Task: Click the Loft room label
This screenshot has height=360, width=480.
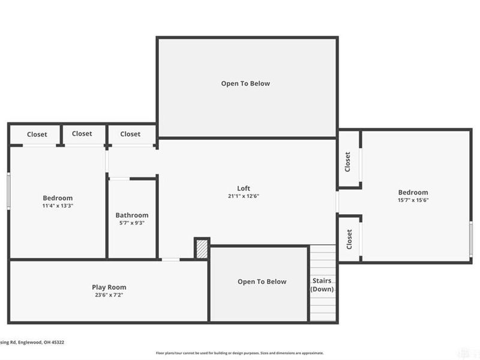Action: pyautogui.click(x=243, y=188)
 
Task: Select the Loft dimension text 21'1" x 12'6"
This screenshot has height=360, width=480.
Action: pyautogui.click(x=243, y=196)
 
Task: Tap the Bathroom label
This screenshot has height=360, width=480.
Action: pyautogui.click(x=132, y=215)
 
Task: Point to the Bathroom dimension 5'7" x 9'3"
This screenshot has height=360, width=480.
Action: pyautogui.click(x=132, y=223)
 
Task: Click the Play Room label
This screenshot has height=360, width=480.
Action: pyautogui.click(x=109, y=287)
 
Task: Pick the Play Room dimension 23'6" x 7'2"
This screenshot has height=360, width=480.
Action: pyautogui.click(x=109, y=295)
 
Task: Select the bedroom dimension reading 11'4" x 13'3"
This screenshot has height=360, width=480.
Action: pyautogui.click(x=58, y=206)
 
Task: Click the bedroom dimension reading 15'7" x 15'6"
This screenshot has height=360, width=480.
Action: pyautogui.click(x=413, y=200)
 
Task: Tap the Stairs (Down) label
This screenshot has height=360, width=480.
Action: pyautogui.click(x=322, y=285)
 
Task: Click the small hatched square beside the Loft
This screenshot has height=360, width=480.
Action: pyautogui.click(x=202, y=248)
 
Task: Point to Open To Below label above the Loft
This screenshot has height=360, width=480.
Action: pyautogui.click(x=245, y=84)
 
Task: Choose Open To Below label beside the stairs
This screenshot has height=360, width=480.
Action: pyautogui.click(x=262, y=282)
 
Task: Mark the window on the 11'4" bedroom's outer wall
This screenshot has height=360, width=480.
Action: pyautogui.click(x=8, y=191)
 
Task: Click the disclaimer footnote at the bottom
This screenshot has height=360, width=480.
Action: pyautogui.click(x=240, y=353)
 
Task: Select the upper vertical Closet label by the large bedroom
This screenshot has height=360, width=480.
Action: pyautogui.click(x=347, y=161)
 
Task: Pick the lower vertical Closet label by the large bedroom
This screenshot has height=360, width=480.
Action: pyautogui.click(x=349, y=239)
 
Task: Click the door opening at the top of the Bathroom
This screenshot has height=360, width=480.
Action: pyautogui.click(x=119, y=178)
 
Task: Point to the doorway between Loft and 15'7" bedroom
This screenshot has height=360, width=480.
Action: pyautogui.click(x=338, y=202)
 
